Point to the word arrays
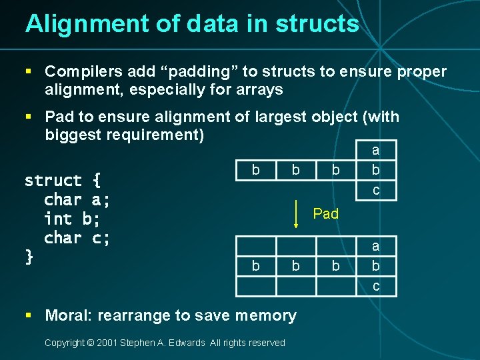coord(256,89)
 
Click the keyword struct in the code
coord(53,181)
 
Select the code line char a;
coord(77,199)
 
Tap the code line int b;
coord(72,219)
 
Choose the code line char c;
coord(77,237)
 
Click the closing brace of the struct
coord(29,256)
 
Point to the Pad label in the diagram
coord(326,213)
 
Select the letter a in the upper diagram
coord(376,151)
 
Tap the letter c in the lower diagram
coord(376,287)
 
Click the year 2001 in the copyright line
coord(106,343)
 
